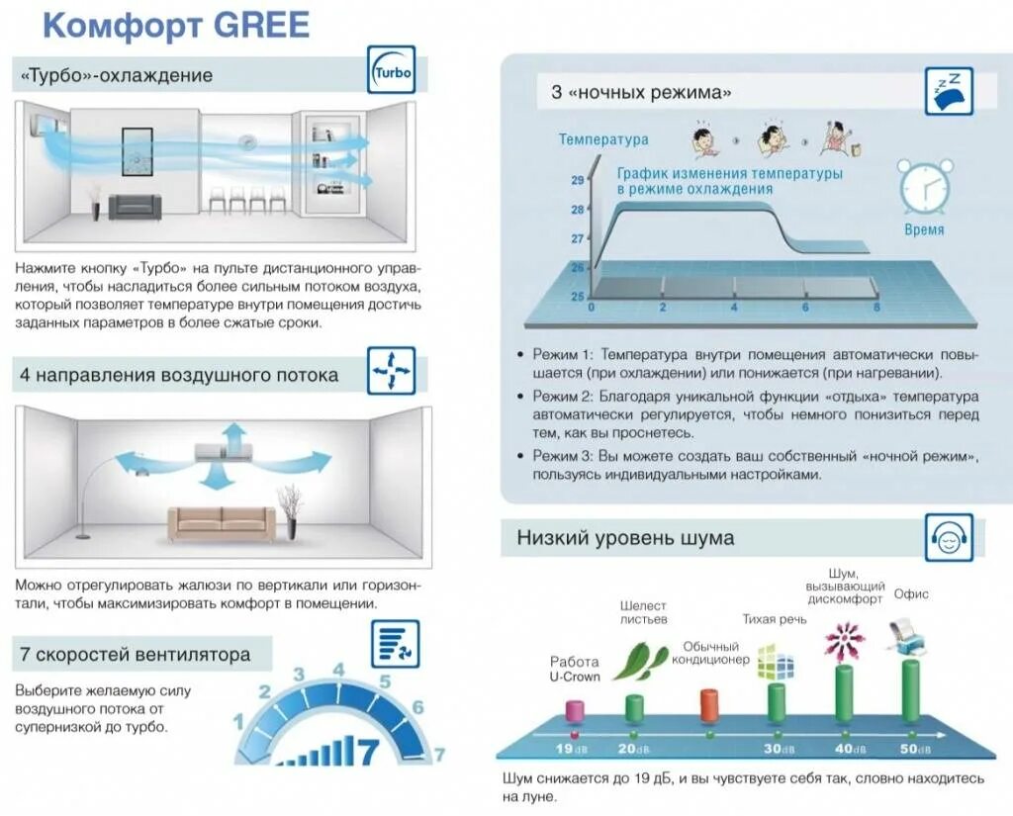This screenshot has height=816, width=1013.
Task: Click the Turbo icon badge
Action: pos(392,71)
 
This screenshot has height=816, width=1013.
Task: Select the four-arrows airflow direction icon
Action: pos(392,371)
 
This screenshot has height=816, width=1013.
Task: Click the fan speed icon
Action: pos(395,644)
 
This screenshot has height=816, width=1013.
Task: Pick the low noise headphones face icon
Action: pos(948,538)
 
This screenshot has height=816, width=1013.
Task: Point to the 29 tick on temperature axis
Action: pos(577,180)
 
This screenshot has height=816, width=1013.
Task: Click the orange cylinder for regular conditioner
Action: pos(708,705)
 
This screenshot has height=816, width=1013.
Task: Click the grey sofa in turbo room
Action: pos(135,206)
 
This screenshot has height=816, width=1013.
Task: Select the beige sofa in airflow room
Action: pos(222,522)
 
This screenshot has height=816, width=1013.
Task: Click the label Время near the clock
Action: pos(924,229)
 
